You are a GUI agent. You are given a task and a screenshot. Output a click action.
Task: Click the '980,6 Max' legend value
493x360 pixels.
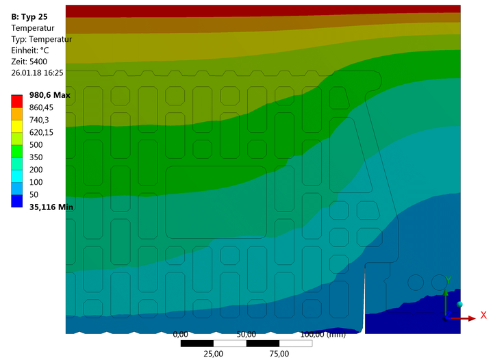tap(50, 95)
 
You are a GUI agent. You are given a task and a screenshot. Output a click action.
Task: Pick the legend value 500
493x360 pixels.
tap(35, 144)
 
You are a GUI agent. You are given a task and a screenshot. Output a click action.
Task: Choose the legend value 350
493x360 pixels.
tap(35, 157)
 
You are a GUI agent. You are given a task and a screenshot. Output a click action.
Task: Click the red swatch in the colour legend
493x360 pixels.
tap(17, 101)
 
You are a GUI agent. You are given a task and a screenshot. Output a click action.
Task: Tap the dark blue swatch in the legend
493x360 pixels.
tap(17, 201)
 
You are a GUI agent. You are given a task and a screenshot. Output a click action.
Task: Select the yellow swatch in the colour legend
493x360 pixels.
tap(17, 126)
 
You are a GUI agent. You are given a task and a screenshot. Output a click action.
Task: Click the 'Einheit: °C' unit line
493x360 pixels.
tap(36, 50)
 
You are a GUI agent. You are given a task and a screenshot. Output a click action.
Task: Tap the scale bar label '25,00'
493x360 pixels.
tap(213, 354)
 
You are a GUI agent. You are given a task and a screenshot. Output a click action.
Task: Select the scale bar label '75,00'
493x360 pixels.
tap(279, 354)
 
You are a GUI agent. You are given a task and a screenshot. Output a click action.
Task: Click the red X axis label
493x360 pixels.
tap(483, 316)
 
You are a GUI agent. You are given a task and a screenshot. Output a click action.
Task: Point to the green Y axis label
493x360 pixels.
tap(447, 279)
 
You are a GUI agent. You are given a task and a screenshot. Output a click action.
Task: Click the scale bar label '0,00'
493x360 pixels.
tap(181, 335)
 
